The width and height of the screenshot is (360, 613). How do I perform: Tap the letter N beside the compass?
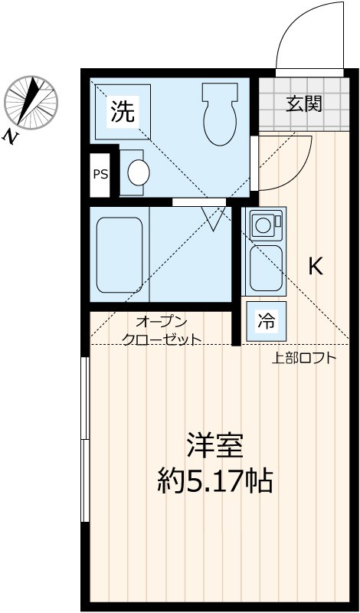click(11, 136)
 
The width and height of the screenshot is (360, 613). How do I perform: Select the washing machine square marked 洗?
click(122, 112)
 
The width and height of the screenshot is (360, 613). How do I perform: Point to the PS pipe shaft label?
click(100, 173)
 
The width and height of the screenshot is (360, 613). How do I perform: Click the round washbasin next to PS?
click(138, 172)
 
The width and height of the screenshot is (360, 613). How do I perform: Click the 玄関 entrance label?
click(304, 104)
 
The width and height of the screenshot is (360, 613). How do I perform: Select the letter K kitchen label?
click(315, 266)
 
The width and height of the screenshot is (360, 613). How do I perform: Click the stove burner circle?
click(263, 225)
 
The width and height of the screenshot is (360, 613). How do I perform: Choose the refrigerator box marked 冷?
click(265, 321)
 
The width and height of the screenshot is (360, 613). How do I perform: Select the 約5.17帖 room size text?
click(215, 480)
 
